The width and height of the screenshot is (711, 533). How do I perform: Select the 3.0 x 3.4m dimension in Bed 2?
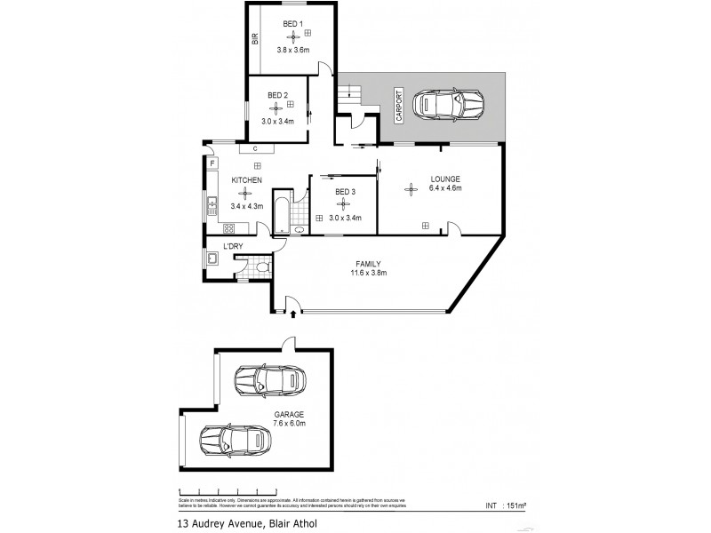(x=277, y=121)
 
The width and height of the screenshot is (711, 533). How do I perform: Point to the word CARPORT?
(x=400, y=105)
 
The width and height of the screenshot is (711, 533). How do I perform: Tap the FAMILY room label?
(x=368, y=264)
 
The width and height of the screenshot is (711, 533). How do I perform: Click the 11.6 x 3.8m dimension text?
(x=368, y=274)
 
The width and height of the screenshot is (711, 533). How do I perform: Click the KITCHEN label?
(x=246, y=180)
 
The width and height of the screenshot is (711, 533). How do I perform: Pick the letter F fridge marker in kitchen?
(x=212, y=163)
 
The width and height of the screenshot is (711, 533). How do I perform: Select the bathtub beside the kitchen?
(x=281, y=212)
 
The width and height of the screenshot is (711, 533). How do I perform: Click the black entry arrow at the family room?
(x=293, y=314)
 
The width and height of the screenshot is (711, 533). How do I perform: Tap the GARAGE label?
(x=288, y=414)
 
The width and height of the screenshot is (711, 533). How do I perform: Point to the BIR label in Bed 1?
(x=254, y=39)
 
